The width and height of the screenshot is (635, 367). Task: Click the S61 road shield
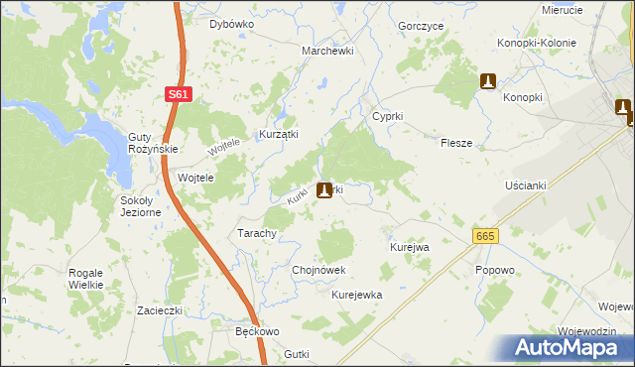(x=178, y=94)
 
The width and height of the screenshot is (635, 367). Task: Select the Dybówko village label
(x=231, y=23)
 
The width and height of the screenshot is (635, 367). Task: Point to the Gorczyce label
(x=419, y=25)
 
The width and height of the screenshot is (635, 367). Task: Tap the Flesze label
(x=456, y=143)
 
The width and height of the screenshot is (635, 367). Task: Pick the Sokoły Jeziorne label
(x=140, y=206)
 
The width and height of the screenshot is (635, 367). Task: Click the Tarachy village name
(x=256, y=233)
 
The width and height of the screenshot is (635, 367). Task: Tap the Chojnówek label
(x=318, y=269)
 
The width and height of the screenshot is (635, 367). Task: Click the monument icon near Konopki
(x=487, y=81)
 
